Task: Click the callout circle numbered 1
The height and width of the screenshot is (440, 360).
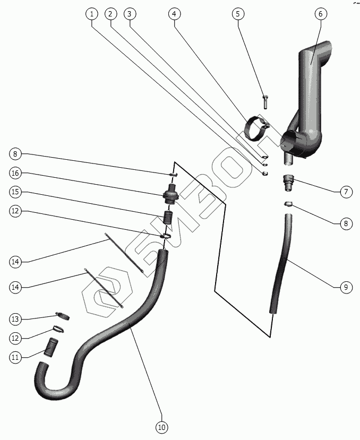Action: click(92, 14)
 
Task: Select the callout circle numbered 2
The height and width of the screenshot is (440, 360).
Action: click(110, 14)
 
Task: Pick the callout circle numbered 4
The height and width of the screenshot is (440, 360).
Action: click(173, 14)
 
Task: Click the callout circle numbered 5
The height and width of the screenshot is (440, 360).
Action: click(238, 14)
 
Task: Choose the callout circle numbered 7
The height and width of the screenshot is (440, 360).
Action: click(345, 192)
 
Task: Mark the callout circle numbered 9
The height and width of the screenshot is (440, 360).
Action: click(345, 287)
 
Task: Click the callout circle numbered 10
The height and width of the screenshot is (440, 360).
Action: click(161, 426)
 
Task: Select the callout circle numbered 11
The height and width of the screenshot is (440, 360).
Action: click(15, 357)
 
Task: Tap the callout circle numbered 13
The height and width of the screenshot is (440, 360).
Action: click(15, 319)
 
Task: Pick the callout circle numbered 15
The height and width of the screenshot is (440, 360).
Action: click(15, 192)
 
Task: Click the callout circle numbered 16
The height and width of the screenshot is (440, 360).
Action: click(15, 173)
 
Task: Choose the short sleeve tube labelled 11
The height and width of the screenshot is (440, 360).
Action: click(53, 347)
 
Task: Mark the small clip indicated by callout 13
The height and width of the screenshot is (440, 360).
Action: click(63, 316)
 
